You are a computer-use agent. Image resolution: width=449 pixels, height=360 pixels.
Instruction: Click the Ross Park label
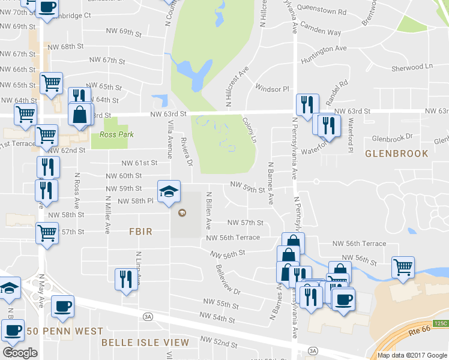pyautogui.click(x=109, y=135)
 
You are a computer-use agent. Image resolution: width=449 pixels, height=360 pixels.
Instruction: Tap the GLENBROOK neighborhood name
pyautogui.click(x=397, y=154)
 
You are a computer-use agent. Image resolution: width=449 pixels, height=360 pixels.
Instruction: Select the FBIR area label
pyautogui.click(x=140, y=232)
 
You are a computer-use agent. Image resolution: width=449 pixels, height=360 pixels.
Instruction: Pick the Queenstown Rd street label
pyautogui.click(x=322, y=11)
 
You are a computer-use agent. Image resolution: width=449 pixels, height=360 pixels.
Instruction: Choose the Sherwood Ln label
pyautogui.click(x=412, y=67)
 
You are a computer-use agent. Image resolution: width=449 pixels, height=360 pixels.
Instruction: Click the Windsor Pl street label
pyautogui.click(x=272, y=89)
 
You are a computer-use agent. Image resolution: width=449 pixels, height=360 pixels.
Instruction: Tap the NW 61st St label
pyautogui.click(x=139, y=163)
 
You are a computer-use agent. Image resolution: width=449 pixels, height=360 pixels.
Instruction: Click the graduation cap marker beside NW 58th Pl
pyautogui.click(x=168, y=192)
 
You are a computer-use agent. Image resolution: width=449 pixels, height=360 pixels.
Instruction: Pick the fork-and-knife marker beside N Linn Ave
pyautogui.click(x=125, y=280)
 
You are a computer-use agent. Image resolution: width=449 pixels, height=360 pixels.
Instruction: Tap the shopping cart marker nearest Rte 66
pyautogui.click(x=403, y=267)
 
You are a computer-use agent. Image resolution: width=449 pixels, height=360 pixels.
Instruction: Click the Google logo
pyautogui.click(x=20, y=352)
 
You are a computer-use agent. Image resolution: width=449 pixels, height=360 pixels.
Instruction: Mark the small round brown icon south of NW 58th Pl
pyautogui.click(x=182, y=212)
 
